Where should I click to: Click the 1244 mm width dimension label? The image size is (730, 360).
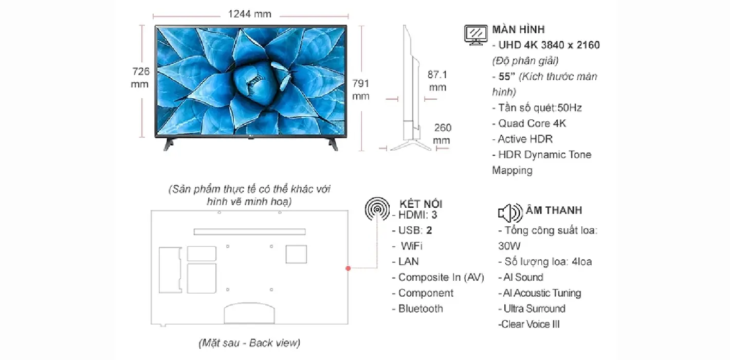coord(250,14)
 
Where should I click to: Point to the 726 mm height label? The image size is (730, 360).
coord(140,78)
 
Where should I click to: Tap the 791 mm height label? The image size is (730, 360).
coord(361,89)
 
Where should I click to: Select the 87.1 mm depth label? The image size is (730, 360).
coord(437,81)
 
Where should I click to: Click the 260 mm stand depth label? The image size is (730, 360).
coord(442,134)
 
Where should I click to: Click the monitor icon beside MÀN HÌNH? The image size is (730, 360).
coord(476,35)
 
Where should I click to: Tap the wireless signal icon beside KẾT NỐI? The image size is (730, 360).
coord(377,209)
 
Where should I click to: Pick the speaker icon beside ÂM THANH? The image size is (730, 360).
coord(510,212)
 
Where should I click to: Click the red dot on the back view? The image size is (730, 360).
coord(348,268)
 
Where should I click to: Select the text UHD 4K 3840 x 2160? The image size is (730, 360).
coord(549,45)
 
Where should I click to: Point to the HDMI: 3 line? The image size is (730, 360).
coord(414,215)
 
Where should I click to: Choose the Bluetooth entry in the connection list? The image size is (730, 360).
coord(417,309)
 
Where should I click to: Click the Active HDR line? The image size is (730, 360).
coord(522,139)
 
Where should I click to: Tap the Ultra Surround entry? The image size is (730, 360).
coord(532,309)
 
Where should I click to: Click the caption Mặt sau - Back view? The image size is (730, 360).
coord(249,343)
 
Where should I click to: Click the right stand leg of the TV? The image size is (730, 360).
coord(333,144)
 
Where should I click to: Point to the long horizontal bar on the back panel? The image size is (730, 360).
coord(250,231)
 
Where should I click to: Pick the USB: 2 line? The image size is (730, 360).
coord(412,230)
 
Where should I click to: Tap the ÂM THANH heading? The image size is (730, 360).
coord(554,210)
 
